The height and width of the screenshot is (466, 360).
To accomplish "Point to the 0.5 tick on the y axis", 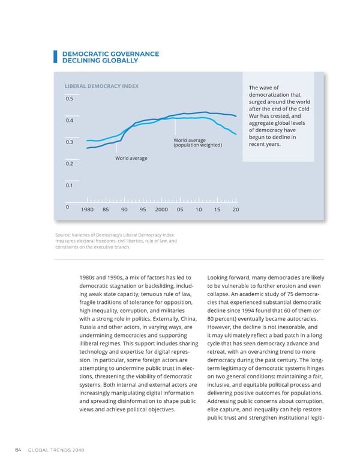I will pos(70,99).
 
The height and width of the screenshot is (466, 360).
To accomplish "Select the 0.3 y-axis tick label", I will pos(70,142).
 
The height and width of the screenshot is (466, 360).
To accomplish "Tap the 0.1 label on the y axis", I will pos(70,186).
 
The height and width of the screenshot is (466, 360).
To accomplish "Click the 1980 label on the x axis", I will pos(87,209).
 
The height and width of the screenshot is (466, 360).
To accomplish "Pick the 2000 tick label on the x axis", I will pos(161,209).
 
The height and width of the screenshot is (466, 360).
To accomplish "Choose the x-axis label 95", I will pos(143,209).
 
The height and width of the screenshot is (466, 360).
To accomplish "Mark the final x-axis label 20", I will pos(236,209).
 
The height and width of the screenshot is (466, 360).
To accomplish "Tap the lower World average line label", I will pos(131,158).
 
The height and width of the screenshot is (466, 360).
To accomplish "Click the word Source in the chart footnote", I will pos(62,235).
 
